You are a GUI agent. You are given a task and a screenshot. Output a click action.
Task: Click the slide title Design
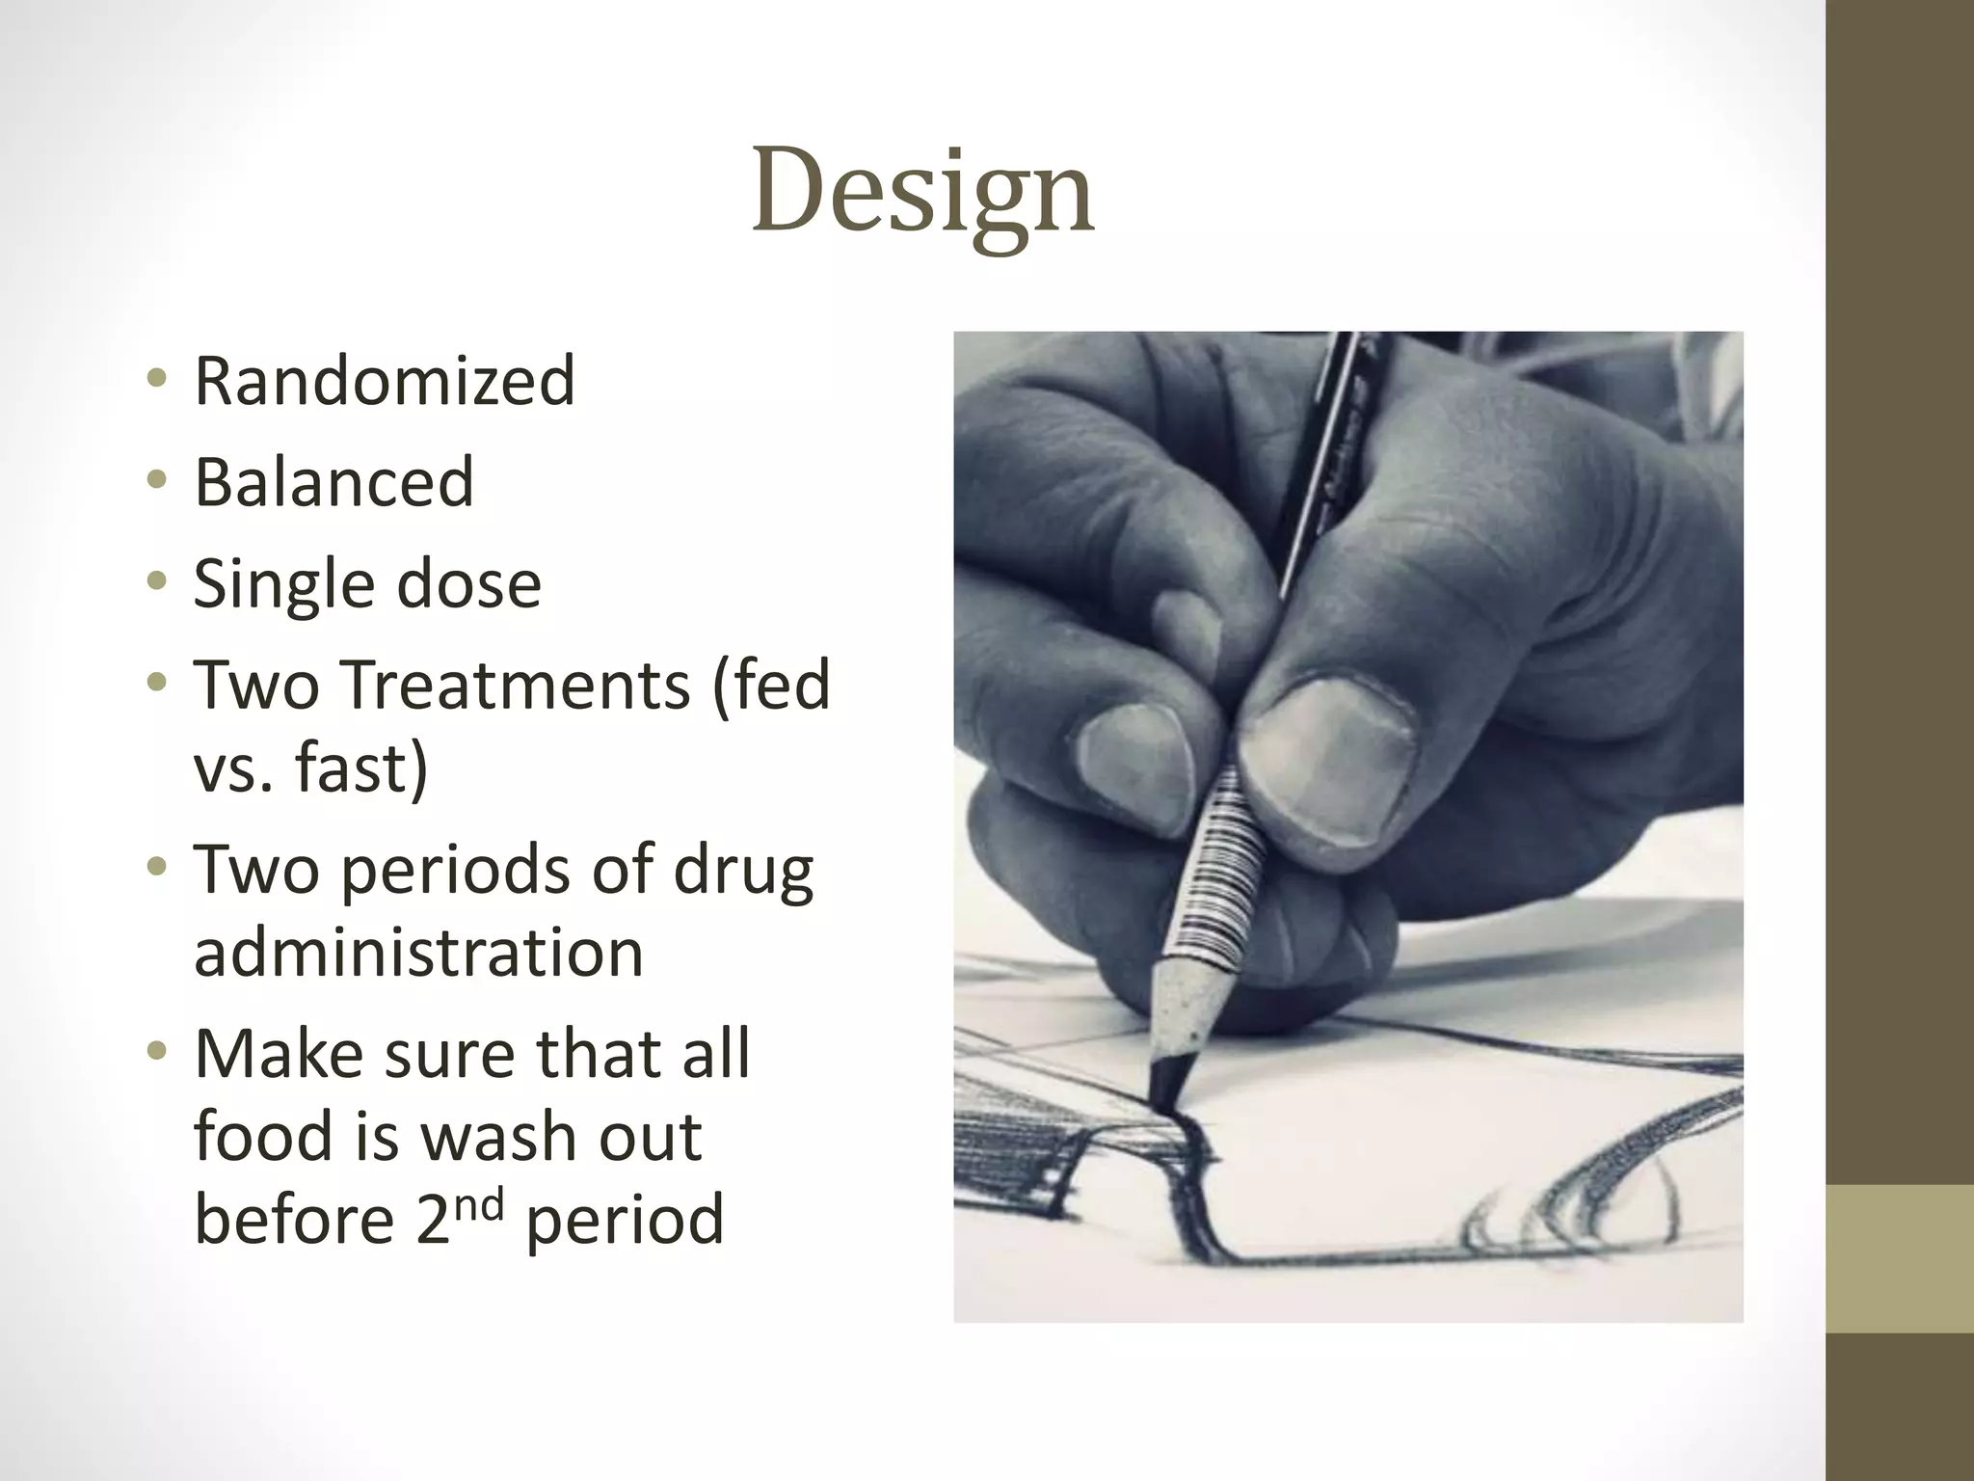(x=922, y=190)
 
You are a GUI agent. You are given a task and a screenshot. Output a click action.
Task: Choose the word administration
(x=418, y=953)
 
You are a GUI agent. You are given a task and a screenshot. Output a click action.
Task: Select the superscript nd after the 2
(x=480, y=1204)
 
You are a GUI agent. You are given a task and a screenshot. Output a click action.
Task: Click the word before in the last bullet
(x=294, y=1220)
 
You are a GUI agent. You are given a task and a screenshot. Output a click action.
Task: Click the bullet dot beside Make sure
(x=156, y=1050)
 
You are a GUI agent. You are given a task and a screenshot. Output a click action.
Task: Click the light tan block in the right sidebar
(x=1900, y=1259)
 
